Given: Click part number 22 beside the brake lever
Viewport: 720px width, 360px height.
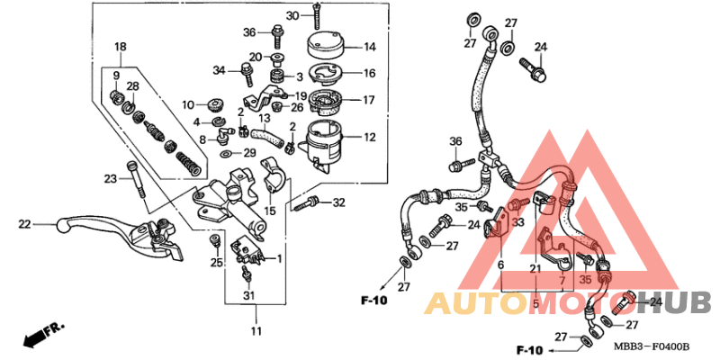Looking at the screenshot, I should [x=24, y=224].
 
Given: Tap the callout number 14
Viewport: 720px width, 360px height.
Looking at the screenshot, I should [x=369, y=47].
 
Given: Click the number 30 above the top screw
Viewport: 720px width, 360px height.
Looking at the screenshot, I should [x=292, y=16].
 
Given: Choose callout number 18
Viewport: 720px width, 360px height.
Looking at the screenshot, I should [x=120, y=46].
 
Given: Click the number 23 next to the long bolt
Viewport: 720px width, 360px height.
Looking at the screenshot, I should [x=111, y=178].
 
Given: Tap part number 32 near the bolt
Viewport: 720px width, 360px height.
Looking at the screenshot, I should [x=338, y=202].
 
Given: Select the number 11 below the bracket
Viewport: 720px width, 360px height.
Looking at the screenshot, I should [x=256, y=332].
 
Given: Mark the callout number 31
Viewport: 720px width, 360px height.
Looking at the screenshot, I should [x=248, y=297].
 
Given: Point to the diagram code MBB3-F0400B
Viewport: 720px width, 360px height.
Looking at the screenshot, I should [x=653, y=346].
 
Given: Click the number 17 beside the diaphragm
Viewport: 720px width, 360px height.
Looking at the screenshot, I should [x=369, y=100].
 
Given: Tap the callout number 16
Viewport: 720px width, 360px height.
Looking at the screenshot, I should [x=369, y=74].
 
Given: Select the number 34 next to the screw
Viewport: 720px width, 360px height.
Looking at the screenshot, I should [x=218, y=70].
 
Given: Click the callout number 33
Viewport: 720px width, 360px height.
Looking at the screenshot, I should [x=517, y=221].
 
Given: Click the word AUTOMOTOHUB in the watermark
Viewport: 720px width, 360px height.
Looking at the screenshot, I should [x=568, y=303].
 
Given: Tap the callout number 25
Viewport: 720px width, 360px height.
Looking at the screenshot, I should [x=216, y=262].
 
